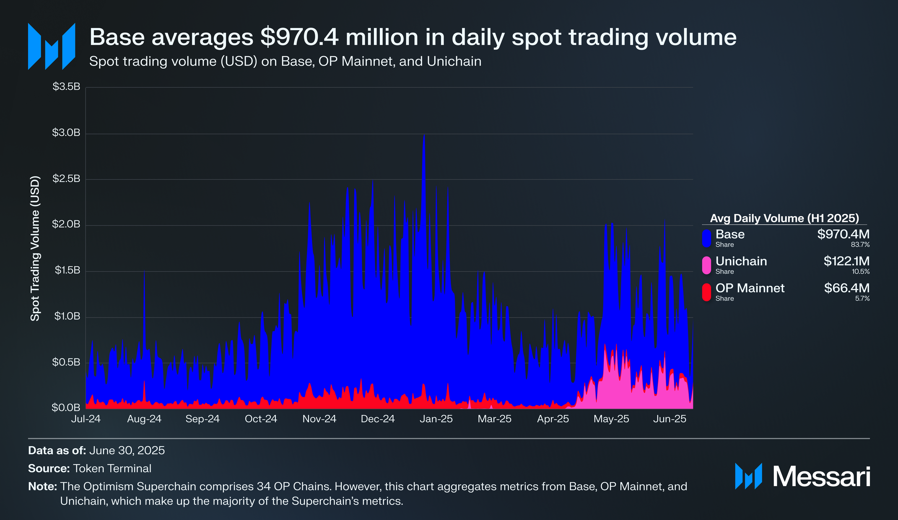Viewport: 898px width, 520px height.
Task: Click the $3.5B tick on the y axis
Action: pyautogui.click(x=66, y=87)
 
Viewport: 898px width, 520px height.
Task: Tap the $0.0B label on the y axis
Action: pyautogui.click(x=66, y=408)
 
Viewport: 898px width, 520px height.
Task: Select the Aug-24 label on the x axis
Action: pyautogui.click(x=144, y=419)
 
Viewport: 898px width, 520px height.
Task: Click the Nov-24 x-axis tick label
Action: pyautogui.click(x=319, y=419)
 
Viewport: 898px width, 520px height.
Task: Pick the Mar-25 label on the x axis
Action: pyautogui.click(x=495, y=419)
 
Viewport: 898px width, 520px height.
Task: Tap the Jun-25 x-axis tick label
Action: pyautogui.click(x=670, y=419)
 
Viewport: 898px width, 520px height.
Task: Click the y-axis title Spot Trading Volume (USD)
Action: pyautogui.click(x=35, y=248)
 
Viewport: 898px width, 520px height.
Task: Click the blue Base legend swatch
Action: pyautogui.click(x=706, y=238)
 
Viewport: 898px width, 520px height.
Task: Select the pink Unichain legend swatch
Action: pyautogui.click(x=706, y=265)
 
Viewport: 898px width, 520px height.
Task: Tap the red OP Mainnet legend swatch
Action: pyautogui.click(x=706, y=292)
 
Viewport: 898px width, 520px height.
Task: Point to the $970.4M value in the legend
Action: pyautogui.click(x=843, y=234)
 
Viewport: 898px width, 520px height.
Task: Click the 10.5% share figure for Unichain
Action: pyautogui.click(x=861, y=272)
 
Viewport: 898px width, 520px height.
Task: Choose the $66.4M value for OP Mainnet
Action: pyautogui.click(x=846, y=288)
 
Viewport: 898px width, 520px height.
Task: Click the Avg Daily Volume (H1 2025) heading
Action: pyautogui.click(x=784, y=218)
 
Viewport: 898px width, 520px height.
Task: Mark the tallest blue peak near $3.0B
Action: pyautogui.click(x=424, y=136)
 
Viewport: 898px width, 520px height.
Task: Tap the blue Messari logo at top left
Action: pyautogui.click(x=51, y=46)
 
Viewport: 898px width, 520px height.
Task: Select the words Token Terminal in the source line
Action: pyautogui.click(x=112, y=468)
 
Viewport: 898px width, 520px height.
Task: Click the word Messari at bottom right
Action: pyautogui.click(x=821, y=477)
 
